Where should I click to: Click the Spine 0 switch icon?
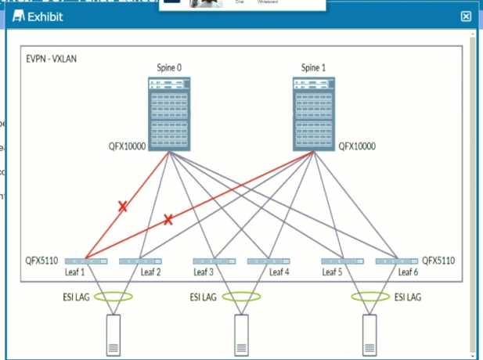[x=170, y=113]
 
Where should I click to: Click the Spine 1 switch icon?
[x=313, y=113]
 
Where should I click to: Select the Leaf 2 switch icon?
[x=140, y=261]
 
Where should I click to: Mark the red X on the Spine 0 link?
[x=123, y=207]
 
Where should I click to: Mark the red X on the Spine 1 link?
[x=168, y=220]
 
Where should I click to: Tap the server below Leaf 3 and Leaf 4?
[x=241, y=336]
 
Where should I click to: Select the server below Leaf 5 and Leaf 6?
[x=370, y=336]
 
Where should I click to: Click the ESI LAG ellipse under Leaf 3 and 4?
[x=241, y=297]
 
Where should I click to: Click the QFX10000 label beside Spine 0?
[x=128, y=146]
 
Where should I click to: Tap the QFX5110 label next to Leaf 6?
[x=438, y=260]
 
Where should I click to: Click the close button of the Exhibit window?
[x=466, y=16]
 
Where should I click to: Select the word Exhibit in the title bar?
[x=46, y=16]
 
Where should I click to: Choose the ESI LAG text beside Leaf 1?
[x=75, y=297]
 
